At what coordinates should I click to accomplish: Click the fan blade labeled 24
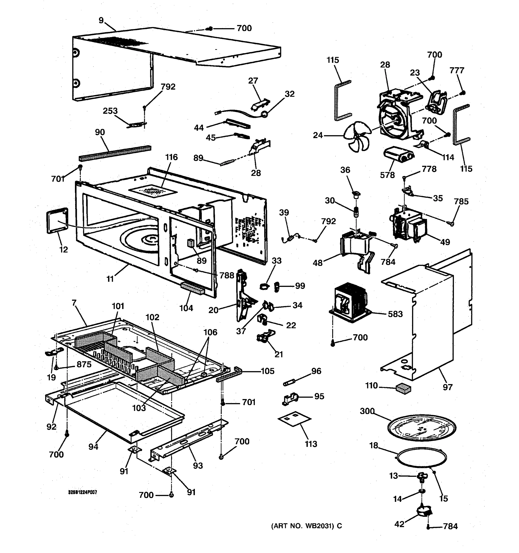(x=357, y=137)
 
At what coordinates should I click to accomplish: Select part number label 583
(x=395, y=314)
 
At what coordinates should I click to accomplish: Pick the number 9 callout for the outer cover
(x=101, y=20)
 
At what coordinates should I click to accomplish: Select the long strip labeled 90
(x=115, y=153)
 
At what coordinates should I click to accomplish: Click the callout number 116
(x=171, y=157)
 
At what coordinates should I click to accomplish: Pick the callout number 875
(x=84, y=364)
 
